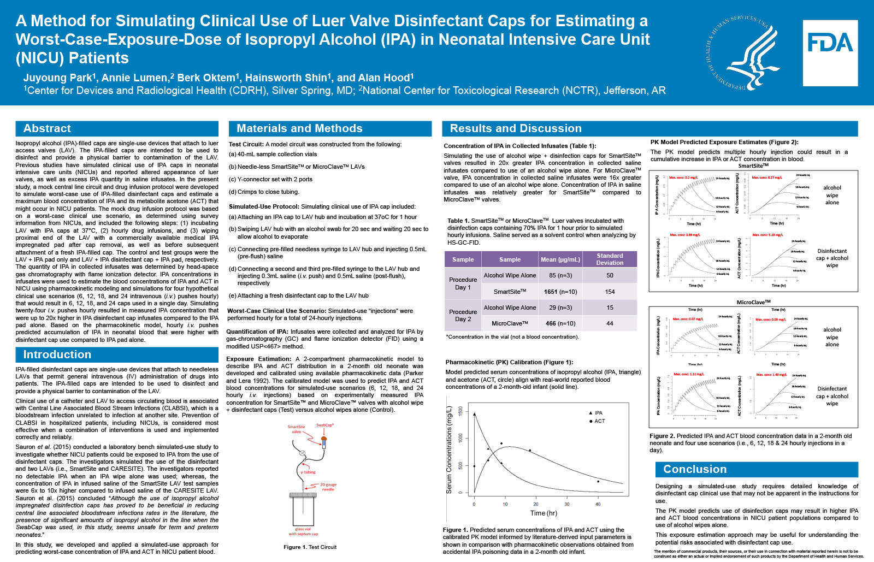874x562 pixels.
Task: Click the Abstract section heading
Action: tap(47, 128)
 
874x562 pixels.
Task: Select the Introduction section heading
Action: tap(57, 354)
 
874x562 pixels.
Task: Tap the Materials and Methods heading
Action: tap(299, 128)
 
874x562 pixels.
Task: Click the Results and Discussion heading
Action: tap(515, 128)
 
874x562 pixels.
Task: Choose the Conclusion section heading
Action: tap(694, 469)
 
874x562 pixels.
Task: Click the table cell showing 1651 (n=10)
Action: tap(560, 292)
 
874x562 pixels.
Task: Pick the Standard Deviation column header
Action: tap(610, 259)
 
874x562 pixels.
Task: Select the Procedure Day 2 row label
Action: tap(463, 315)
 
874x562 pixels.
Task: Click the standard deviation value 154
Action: tap(610, 292)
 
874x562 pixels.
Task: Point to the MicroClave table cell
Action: tap(509, 323)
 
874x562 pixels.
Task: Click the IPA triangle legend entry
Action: tap(595, 413)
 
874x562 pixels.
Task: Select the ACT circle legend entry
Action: tap(596, 421)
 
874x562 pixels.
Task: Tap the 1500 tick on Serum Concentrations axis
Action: tap(460, 411)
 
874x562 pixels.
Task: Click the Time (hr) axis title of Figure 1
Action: tap(543, 513)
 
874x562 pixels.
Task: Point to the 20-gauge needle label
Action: tap(328, 487)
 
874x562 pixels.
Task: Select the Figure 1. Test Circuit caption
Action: tap(310, 547)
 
